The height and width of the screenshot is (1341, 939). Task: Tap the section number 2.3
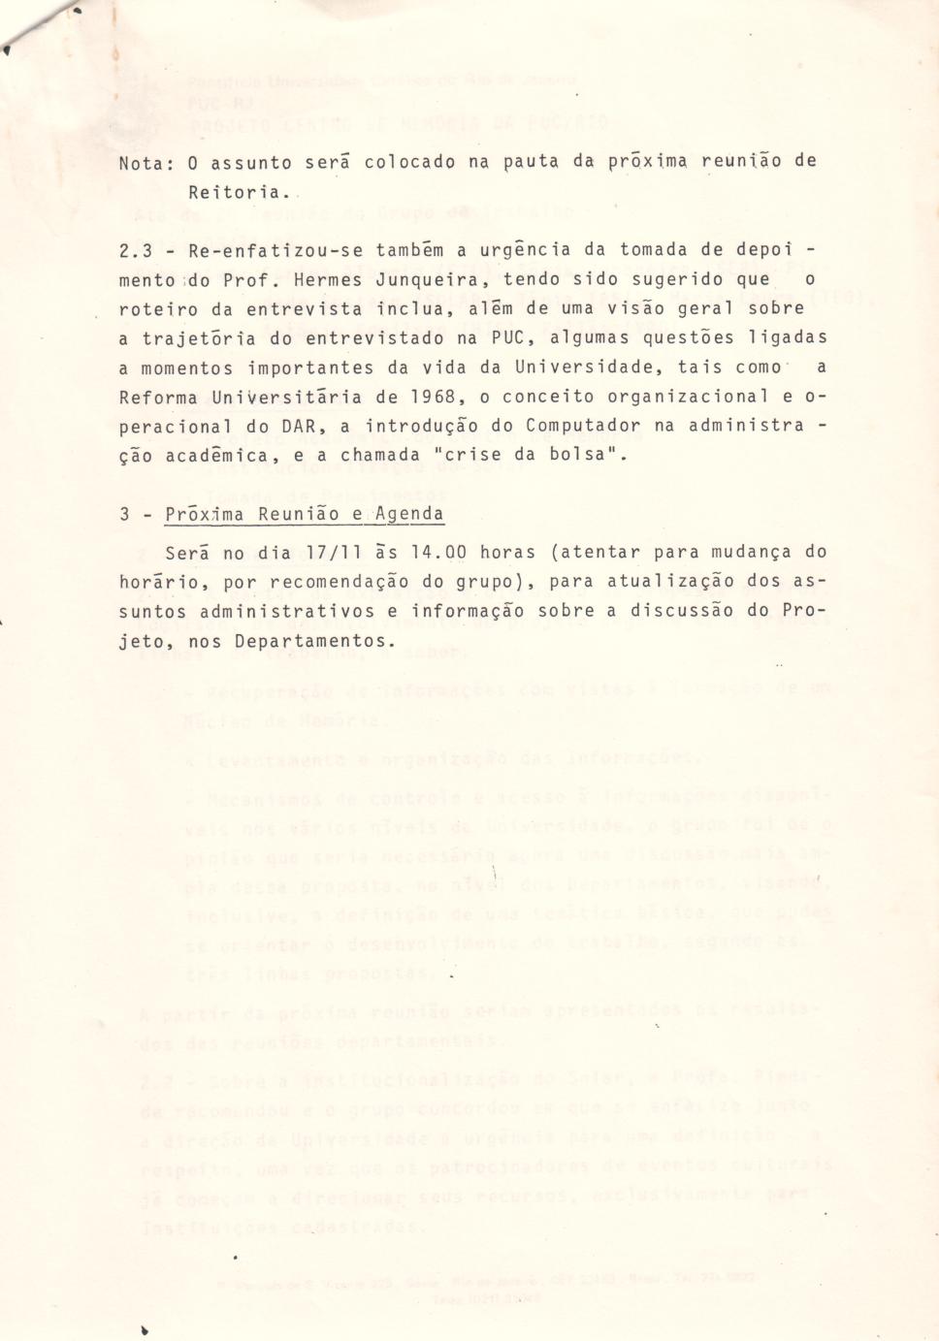[136, 250]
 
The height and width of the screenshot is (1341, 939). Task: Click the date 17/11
[335, 553]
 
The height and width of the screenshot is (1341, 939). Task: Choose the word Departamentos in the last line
[325, 641]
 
